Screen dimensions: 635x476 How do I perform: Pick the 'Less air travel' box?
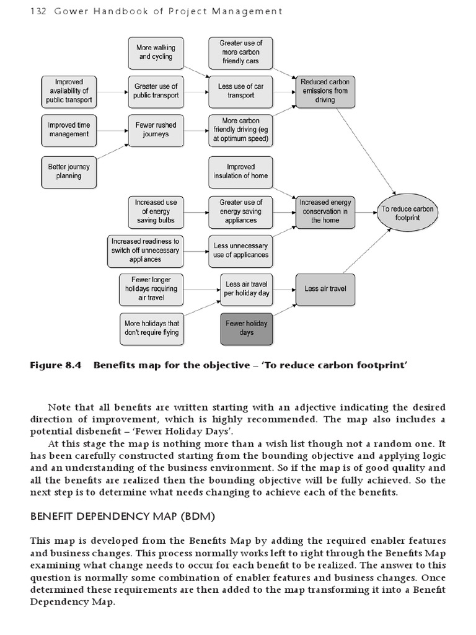325,289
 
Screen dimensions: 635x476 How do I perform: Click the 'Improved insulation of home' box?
240,171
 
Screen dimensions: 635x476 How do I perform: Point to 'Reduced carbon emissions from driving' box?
325,91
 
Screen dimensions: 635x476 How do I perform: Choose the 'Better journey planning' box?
69,171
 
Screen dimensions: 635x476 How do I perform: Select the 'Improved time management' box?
69,130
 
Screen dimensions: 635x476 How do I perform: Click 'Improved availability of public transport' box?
69,91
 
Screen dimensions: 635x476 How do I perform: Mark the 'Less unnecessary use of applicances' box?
240,250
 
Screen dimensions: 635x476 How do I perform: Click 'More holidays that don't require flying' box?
151,328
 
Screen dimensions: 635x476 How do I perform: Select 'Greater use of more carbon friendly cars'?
240,52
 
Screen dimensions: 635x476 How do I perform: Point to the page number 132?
38,11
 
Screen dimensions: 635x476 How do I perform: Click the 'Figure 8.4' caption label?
56,365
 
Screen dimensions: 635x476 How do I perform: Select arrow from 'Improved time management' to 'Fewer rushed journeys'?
112,130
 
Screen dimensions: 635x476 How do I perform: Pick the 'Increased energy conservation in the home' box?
325,211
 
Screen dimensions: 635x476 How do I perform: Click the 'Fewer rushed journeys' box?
156,130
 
